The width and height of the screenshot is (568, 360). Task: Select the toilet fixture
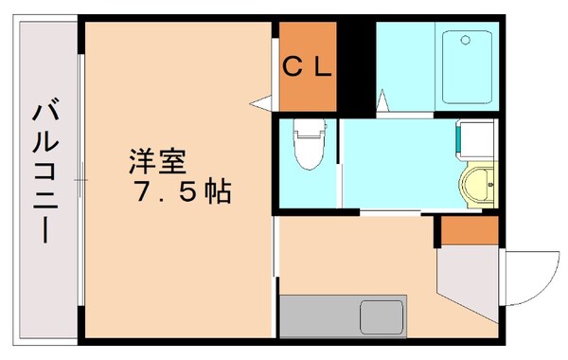308,147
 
